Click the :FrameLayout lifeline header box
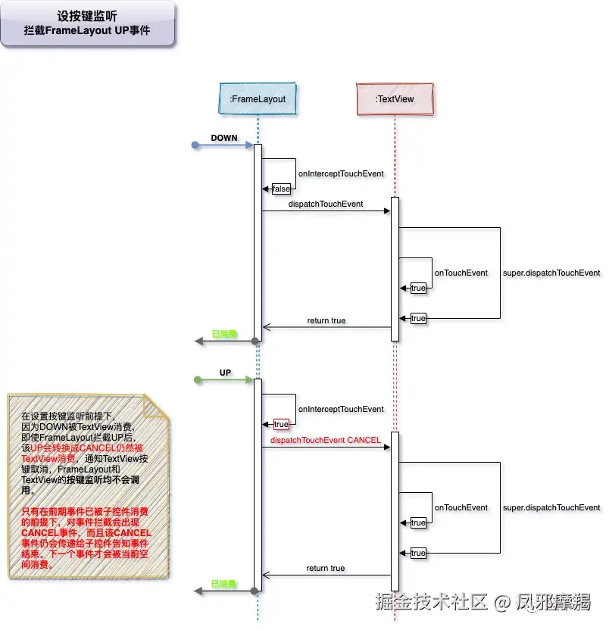point(258,98)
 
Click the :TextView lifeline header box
point(395,98)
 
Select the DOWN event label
point(224,139)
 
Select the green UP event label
point(225,373)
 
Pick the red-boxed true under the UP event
point(281,424)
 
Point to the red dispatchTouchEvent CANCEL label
point(326,440)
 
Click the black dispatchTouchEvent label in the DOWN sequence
point(326,204)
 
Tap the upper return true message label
point(326,320)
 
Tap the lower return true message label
point(326,568)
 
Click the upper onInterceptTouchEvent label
point(341,174)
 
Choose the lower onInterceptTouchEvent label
point(341,409)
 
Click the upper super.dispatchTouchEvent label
point(551,273)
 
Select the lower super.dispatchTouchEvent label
point(551,507)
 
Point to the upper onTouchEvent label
point(461,273)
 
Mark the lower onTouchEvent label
point(461,507)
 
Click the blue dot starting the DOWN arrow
point(195,145)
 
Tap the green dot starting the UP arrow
point(195,379)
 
